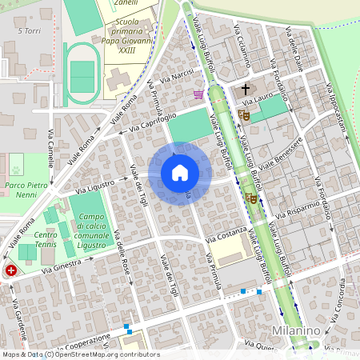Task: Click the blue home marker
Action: click(x=180, y=173)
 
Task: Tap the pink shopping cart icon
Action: click(x=198, y=94)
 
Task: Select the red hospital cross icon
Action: click(x=11, y=271)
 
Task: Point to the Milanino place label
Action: click(x=295, y=331)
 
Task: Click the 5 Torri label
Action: click(x=29, y=31)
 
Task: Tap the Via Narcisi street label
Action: click(x=178, y=78)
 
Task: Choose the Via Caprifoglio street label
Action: click(x=153, y=122)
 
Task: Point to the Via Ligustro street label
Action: click(x=96, y=186)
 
